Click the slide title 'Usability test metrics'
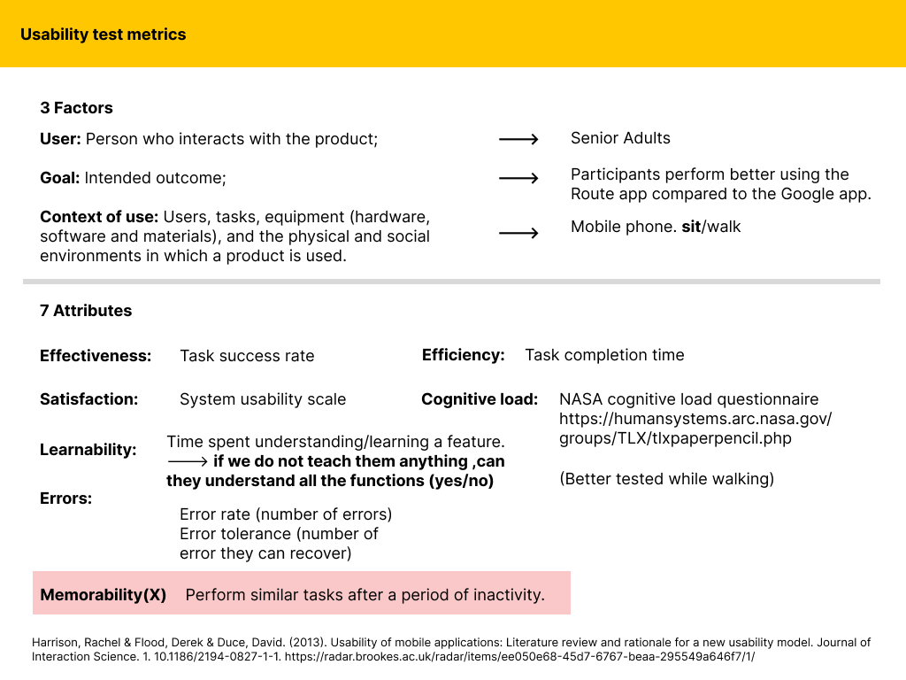point(104,35)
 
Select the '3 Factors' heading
point(76,108)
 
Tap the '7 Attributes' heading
point(86,311)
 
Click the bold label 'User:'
point(61,139)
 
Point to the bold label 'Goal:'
point(60,178)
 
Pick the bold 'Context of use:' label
point(98,217)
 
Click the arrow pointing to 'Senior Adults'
point(518,140)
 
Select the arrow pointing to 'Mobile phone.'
point(518,233)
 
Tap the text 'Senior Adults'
point(620,138)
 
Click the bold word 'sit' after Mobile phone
point(690,227)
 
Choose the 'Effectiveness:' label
point(96,356)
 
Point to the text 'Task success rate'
point(247,356)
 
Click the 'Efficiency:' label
point(463,355)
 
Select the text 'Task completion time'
point(604,355)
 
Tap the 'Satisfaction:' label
point(88,399)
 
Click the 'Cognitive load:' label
point(479,399)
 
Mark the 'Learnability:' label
point(88,450)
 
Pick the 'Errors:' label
point(65,498)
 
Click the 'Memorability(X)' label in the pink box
point(104,595)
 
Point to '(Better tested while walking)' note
point(666,479)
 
